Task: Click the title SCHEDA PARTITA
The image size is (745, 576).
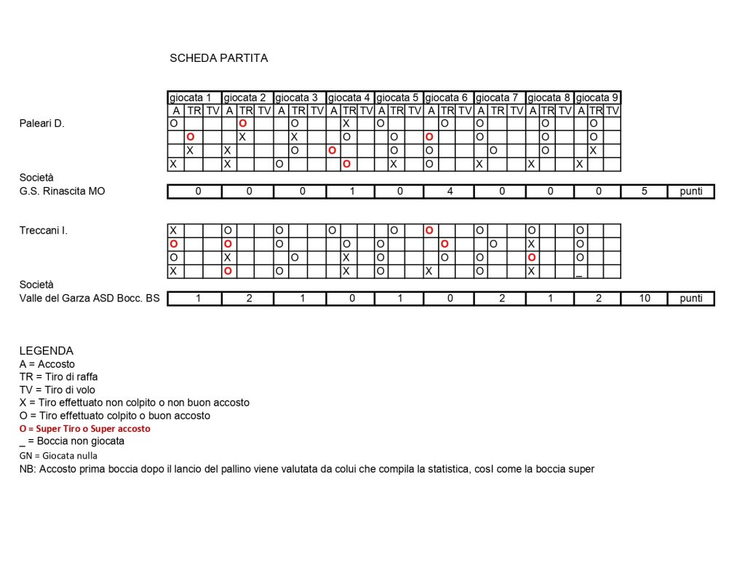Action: (218, 58)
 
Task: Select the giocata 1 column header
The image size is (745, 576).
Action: (191, 98)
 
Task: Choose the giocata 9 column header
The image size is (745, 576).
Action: (597, 98)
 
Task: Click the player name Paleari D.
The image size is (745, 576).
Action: (41, 124)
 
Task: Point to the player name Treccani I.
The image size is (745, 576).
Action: (44, 231)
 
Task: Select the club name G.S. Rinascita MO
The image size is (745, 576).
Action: (63, 192)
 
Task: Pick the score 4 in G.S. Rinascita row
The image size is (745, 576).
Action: (449, 192)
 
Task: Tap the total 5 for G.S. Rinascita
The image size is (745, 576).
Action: (645, 192)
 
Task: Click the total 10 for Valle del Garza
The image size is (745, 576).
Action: (645, 299)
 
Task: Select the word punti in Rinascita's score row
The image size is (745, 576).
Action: (691, 192)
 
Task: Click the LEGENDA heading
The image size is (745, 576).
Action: (47, 351)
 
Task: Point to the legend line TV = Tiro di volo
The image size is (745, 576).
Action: (57, 390)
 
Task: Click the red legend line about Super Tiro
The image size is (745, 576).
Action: (85, 429)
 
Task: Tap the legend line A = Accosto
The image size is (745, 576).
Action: (47, 364)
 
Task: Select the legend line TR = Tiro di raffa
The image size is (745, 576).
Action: (59, 376)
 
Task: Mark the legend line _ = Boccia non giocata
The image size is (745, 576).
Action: (72, 441)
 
